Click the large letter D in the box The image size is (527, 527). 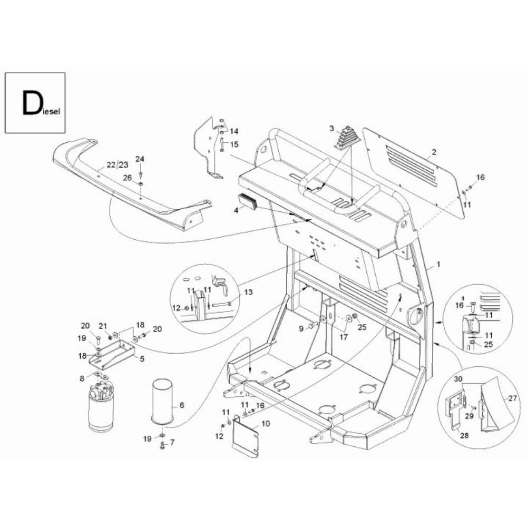[x=30, y=103]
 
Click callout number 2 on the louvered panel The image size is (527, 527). [x=434, y=152]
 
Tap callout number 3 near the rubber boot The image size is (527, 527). [x=331, y=128]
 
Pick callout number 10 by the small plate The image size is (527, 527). [x=265, y=423]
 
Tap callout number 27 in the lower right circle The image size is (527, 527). [x=512, y=398]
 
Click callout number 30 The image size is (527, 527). [x=458, y=379]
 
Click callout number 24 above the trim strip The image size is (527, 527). [x=140, y=159]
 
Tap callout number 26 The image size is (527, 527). [x=126, y=178]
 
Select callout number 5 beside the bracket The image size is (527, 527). [x=142, y=358]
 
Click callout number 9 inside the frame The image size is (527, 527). [x=301, y=329]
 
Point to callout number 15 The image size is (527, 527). [x=234, y=144]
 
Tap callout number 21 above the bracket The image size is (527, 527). [x=103, y=325]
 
